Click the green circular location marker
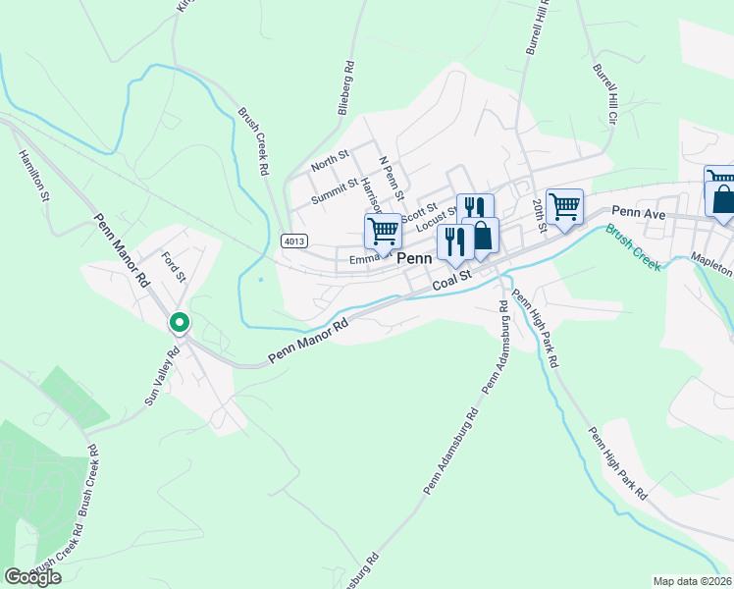coord(179,322)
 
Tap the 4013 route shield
coord(291,241)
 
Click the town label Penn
coord(415,258)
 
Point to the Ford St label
coord(174,266)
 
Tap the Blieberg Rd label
coord(345,90)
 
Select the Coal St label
coord(453,282)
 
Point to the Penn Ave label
coord(639,211)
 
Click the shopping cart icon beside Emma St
coord(383,232)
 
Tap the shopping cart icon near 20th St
coord(564,206)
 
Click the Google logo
coord(32,577)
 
